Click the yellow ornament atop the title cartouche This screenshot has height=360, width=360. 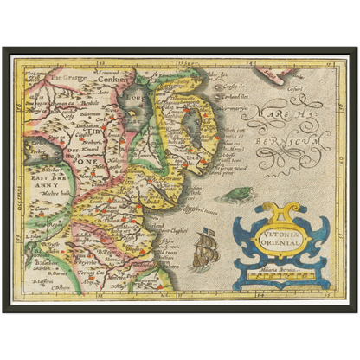(x=273, y=210)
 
